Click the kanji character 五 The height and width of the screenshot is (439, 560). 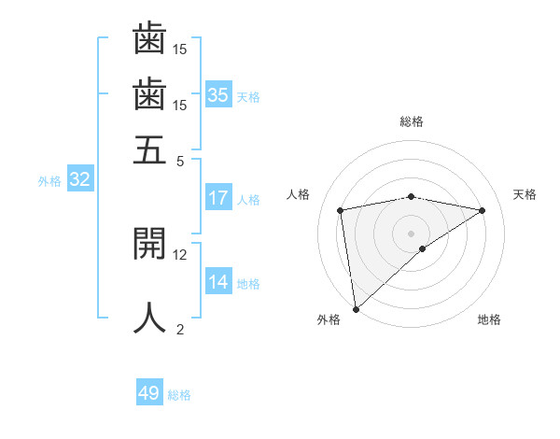click(150, 150)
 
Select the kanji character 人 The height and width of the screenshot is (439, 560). click(150, 317)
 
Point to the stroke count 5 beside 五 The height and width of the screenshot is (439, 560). click(180, 161)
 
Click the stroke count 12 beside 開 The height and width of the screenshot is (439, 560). click(180, 254)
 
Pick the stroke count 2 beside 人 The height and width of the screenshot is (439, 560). click(180, 328)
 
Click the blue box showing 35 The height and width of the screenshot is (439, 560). click(218, 95)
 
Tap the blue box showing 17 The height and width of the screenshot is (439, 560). click(218, 198)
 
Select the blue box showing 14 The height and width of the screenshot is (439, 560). click(218, 282)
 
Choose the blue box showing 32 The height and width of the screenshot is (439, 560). click(79, 180)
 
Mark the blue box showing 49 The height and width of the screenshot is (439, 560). click(149, 393)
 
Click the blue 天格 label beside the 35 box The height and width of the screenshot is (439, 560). click(248, 97)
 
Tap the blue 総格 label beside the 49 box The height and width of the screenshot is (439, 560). click(179, 395)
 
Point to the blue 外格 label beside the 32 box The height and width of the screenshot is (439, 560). click(49, 181)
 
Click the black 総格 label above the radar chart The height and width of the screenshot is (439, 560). click(411, 121)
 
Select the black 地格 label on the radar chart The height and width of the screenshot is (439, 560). click(489, 319)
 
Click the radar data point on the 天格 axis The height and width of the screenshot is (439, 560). click(483, 210)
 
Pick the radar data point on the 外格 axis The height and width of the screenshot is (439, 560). click(356, 308)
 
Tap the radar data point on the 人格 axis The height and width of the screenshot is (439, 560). click(341, 210)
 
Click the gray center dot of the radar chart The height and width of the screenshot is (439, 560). click(411, 232)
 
